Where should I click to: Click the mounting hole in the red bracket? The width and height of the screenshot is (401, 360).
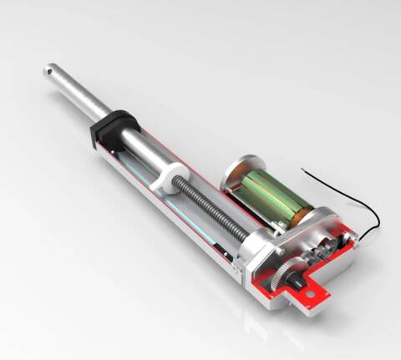(315, 296)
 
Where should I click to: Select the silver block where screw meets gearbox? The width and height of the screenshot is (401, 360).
(251, 249)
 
